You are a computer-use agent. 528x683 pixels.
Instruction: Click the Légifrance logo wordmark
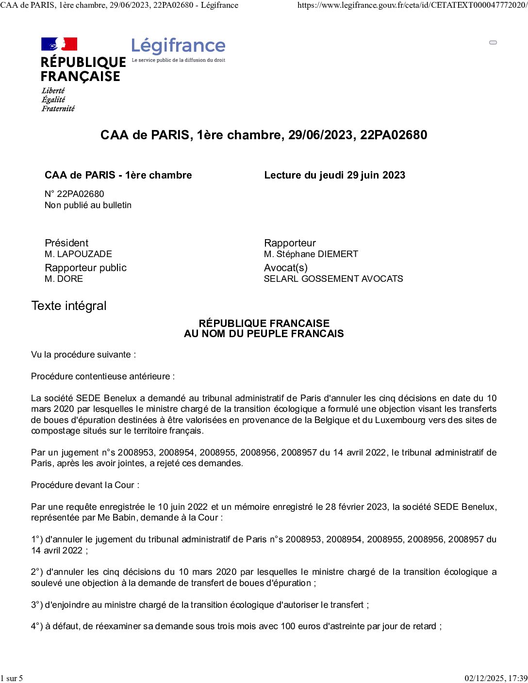click(x=178, y=46)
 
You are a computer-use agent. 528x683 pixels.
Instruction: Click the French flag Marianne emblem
click(x=59, y=44)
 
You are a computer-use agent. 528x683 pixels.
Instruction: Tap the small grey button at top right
click(x=493, y=43)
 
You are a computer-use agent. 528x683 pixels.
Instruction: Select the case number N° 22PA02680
click(x=74, y=194)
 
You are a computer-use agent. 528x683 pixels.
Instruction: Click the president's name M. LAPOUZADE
click(x=78, y=254)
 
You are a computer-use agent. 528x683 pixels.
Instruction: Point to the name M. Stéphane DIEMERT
click(x=311, y=254)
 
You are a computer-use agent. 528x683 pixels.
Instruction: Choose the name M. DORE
click(x=64, y=278)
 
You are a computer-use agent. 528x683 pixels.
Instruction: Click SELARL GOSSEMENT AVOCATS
click(x=333, y=278)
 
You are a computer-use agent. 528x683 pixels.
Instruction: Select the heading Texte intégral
click(x=68, y=306)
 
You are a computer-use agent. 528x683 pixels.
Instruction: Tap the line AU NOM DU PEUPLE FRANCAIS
click(x=264, y=334)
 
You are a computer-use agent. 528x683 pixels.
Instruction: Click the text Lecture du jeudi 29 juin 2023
click(x=334, y=175)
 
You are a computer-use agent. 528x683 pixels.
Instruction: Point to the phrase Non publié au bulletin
click(x=88, y=205)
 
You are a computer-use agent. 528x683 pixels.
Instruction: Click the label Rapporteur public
click(x=85, y=268)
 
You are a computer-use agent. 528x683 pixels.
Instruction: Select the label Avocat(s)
click(x=285, y=268)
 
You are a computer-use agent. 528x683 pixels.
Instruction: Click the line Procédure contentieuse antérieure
click(x=103, y=376)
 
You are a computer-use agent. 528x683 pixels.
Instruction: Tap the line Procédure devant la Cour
click(x=85, y=485)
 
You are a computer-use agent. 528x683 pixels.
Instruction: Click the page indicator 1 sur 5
click(x=12, y=678)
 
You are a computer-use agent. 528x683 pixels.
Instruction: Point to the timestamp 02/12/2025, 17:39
click(x=495, y=678)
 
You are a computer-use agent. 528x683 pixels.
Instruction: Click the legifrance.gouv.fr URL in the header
click(x=412, y=5)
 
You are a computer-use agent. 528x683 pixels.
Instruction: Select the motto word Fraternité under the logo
click(x=58, y=109)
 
